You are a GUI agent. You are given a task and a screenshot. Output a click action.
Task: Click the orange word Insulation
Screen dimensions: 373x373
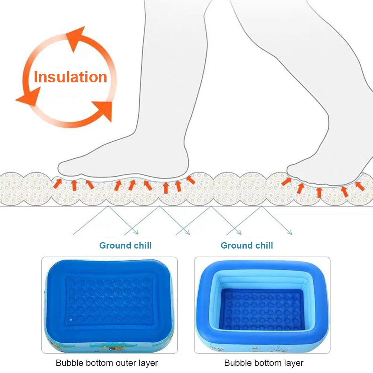click(70, 77)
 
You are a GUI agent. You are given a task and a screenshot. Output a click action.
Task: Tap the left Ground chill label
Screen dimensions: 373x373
click(125, 246)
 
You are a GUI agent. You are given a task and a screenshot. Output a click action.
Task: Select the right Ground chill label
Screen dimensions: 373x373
click(247, 246)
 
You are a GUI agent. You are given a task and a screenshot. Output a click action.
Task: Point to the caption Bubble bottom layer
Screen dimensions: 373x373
click(264, 363)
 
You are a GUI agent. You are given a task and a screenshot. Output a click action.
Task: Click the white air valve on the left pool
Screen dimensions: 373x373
click(71, 320)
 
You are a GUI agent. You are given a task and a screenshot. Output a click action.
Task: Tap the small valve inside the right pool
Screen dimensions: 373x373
click(229, 297)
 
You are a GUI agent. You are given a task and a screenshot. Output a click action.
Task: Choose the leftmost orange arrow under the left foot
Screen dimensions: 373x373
click(57, 183)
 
